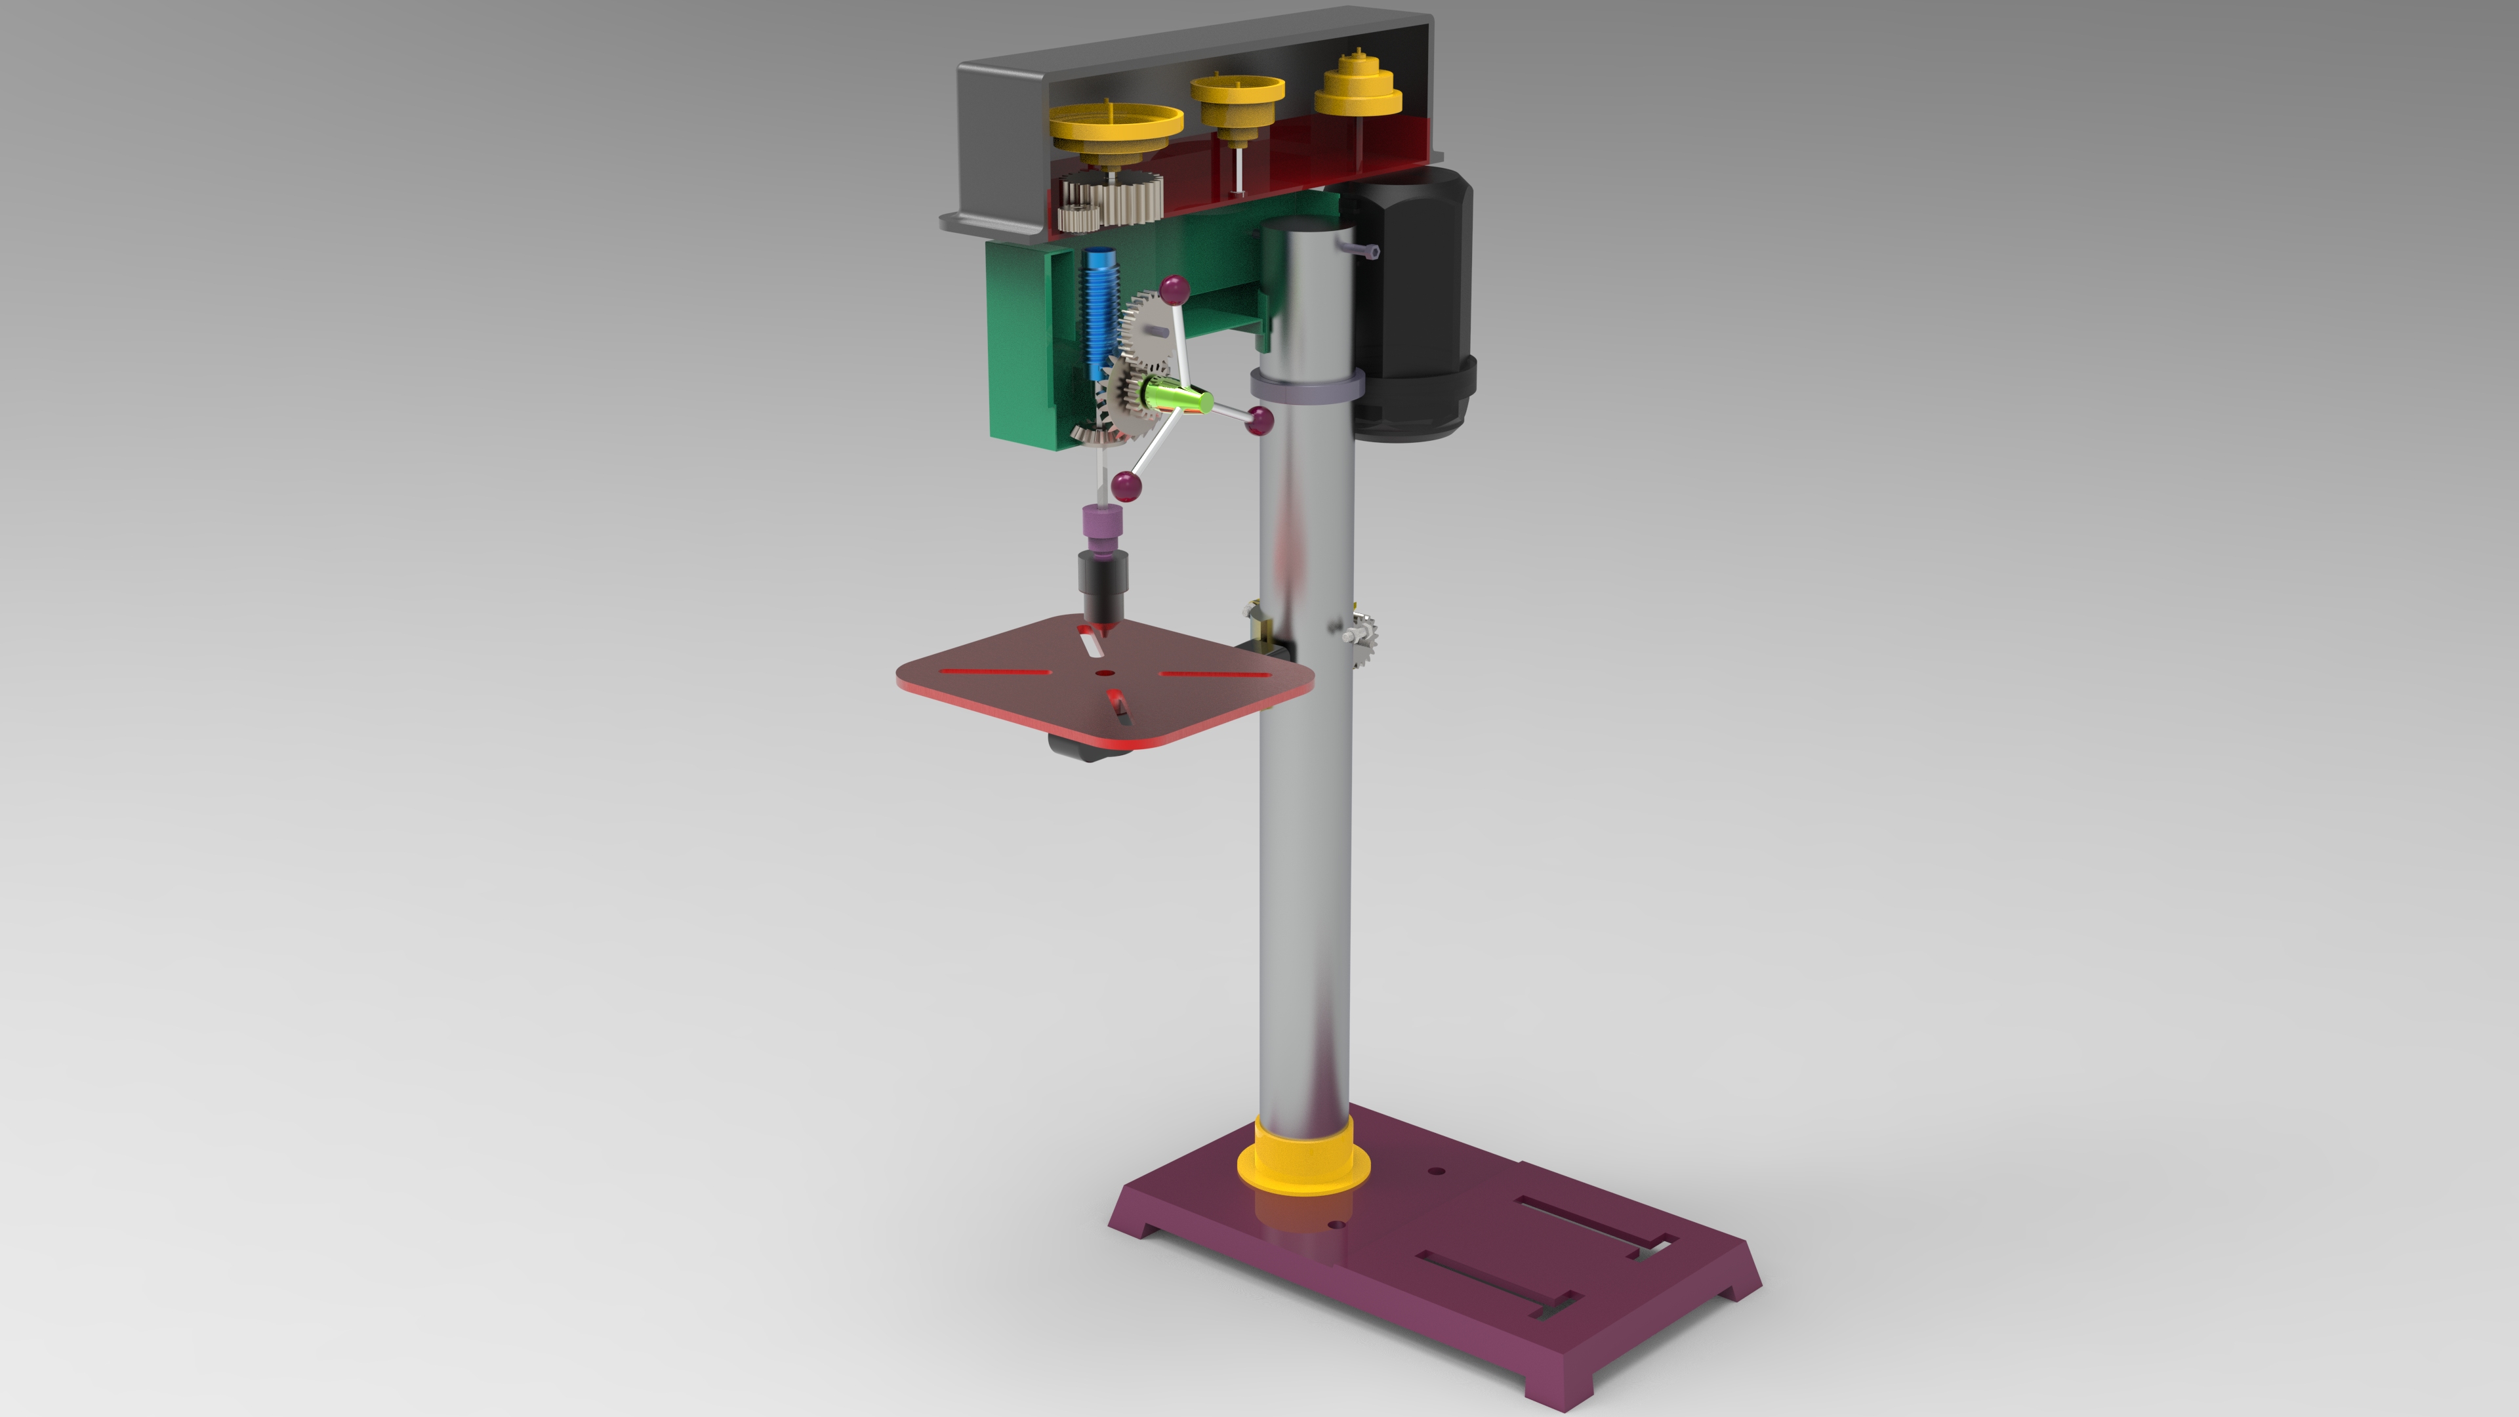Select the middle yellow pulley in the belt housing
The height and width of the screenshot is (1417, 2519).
[x=1237, y=96]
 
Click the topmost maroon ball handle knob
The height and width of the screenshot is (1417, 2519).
[x=1174, y=289]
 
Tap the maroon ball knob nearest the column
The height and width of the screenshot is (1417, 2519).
[x=1261, y=421]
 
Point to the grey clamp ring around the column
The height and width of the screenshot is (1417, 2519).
[x=1305, y=387]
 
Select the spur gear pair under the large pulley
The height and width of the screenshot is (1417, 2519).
[x=1115, y=203]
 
